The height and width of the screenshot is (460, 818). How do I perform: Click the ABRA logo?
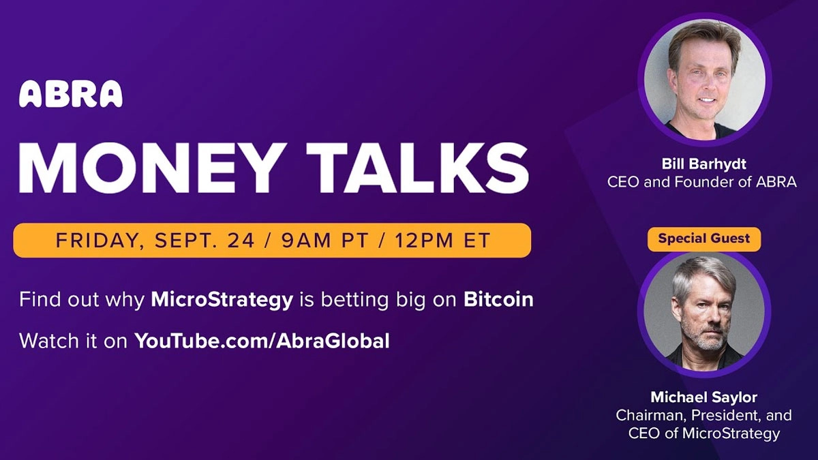coord(71,94)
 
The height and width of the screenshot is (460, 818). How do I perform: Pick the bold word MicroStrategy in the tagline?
coord(221,299)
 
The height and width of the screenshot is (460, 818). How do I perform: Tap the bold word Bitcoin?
coord(498,299)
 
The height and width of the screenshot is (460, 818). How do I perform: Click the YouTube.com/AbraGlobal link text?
coord(262,340)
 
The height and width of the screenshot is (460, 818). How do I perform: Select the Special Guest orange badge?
coord(703,239)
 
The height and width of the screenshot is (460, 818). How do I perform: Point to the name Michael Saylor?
coord(703,397)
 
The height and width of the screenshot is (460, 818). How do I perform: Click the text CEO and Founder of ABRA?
coord(701,183)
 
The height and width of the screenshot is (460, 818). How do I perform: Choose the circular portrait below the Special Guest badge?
coord(704,311)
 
